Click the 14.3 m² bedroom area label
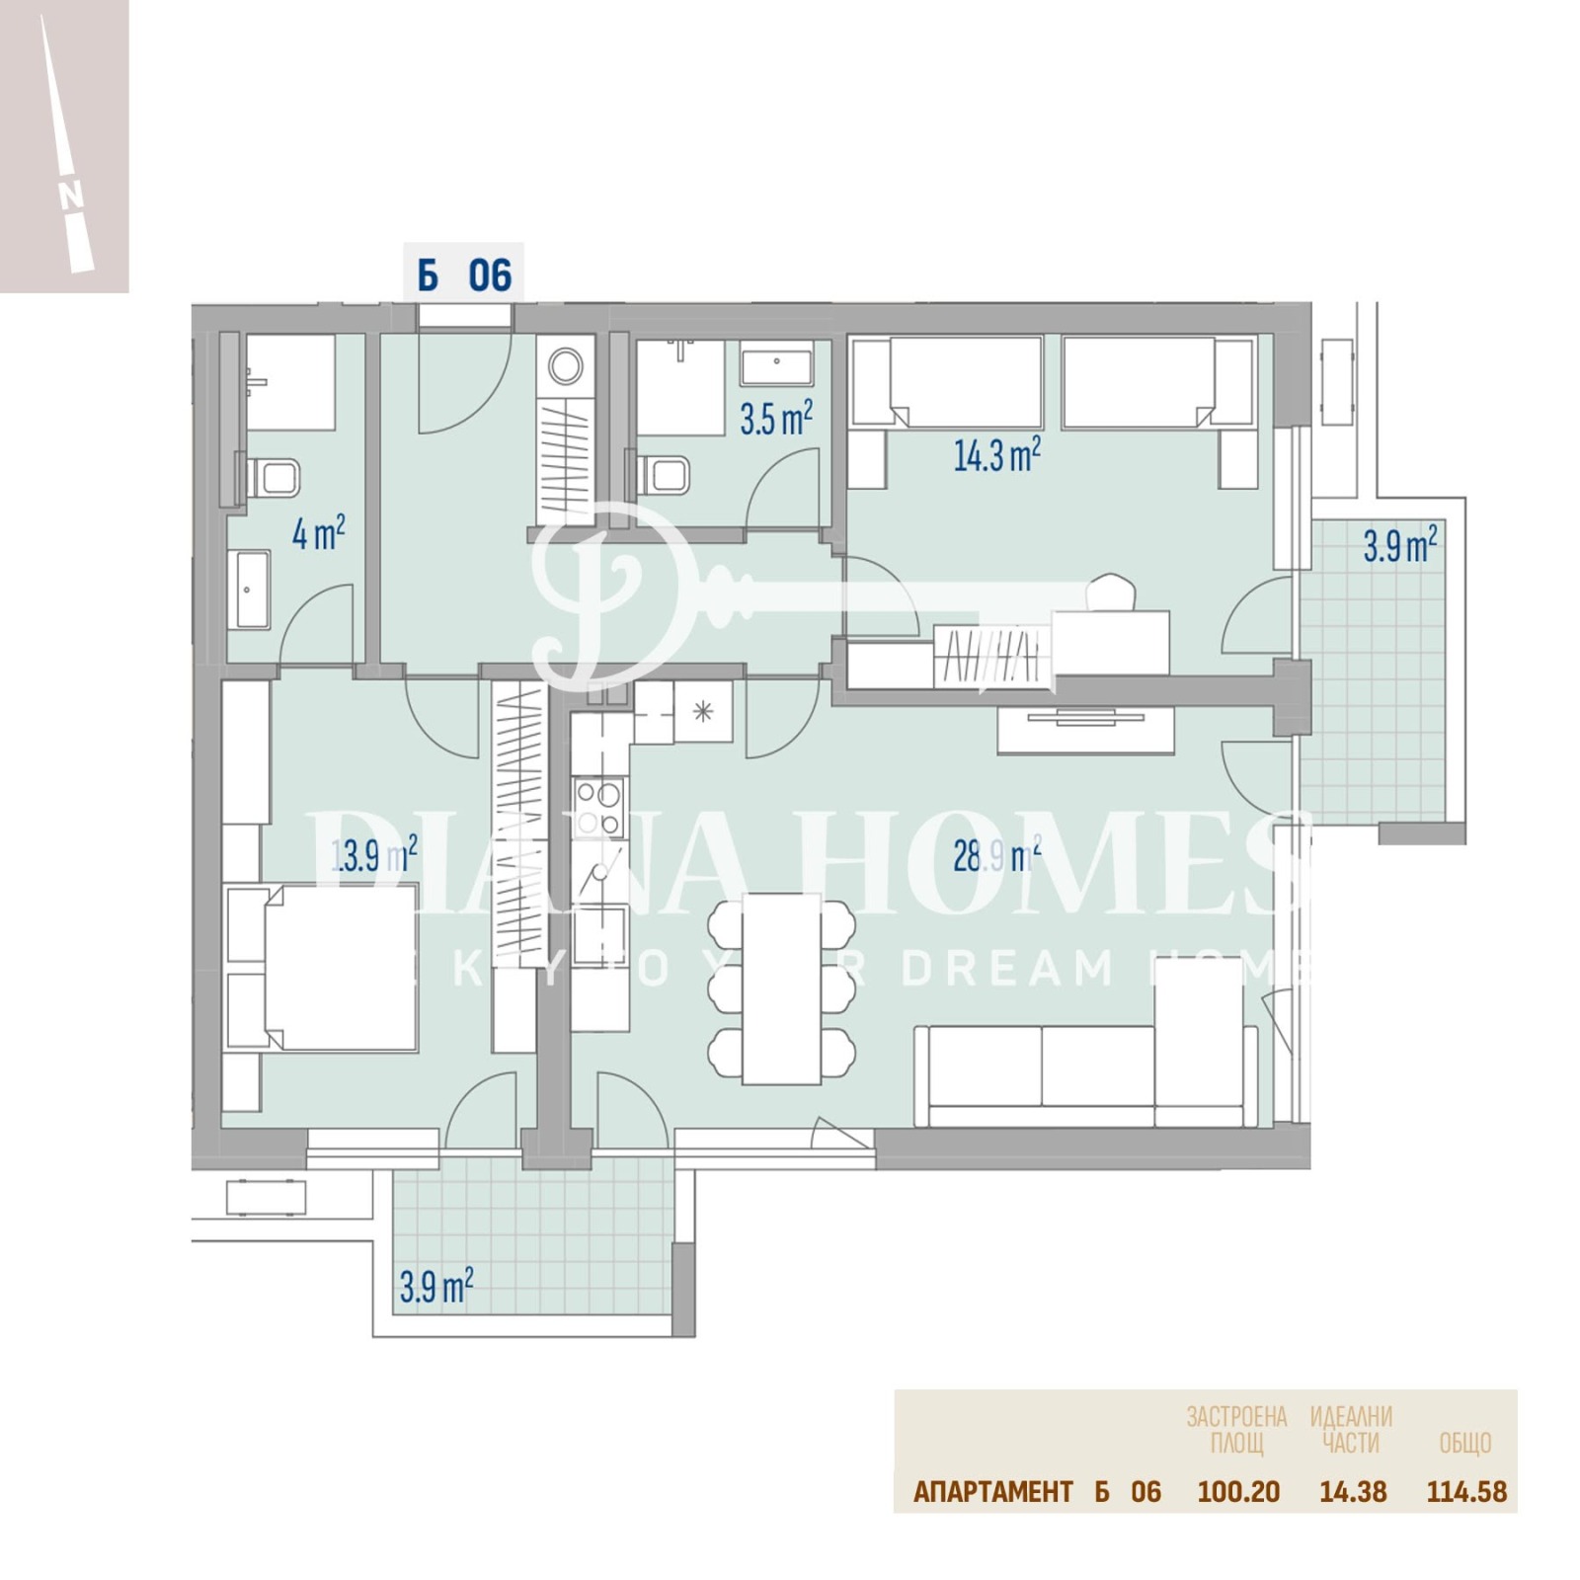(995, 455)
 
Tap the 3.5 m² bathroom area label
(776, 419)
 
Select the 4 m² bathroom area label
(318, 533)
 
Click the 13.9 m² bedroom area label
(373, 854)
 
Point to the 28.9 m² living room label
(995, 855)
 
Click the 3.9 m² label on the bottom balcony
(435, 1287)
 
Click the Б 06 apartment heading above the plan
(464, 276)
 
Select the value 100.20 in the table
(1238, 1491)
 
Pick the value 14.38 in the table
(1353, 1491)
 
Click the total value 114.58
(1466, 1491)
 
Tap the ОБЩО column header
(1464, 1443)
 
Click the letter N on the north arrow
(71, 197)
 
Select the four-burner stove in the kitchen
(599, 808)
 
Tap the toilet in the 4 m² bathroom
(276, 479)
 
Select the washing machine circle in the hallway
(566, 366)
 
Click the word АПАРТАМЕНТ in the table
(992, 1491)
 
